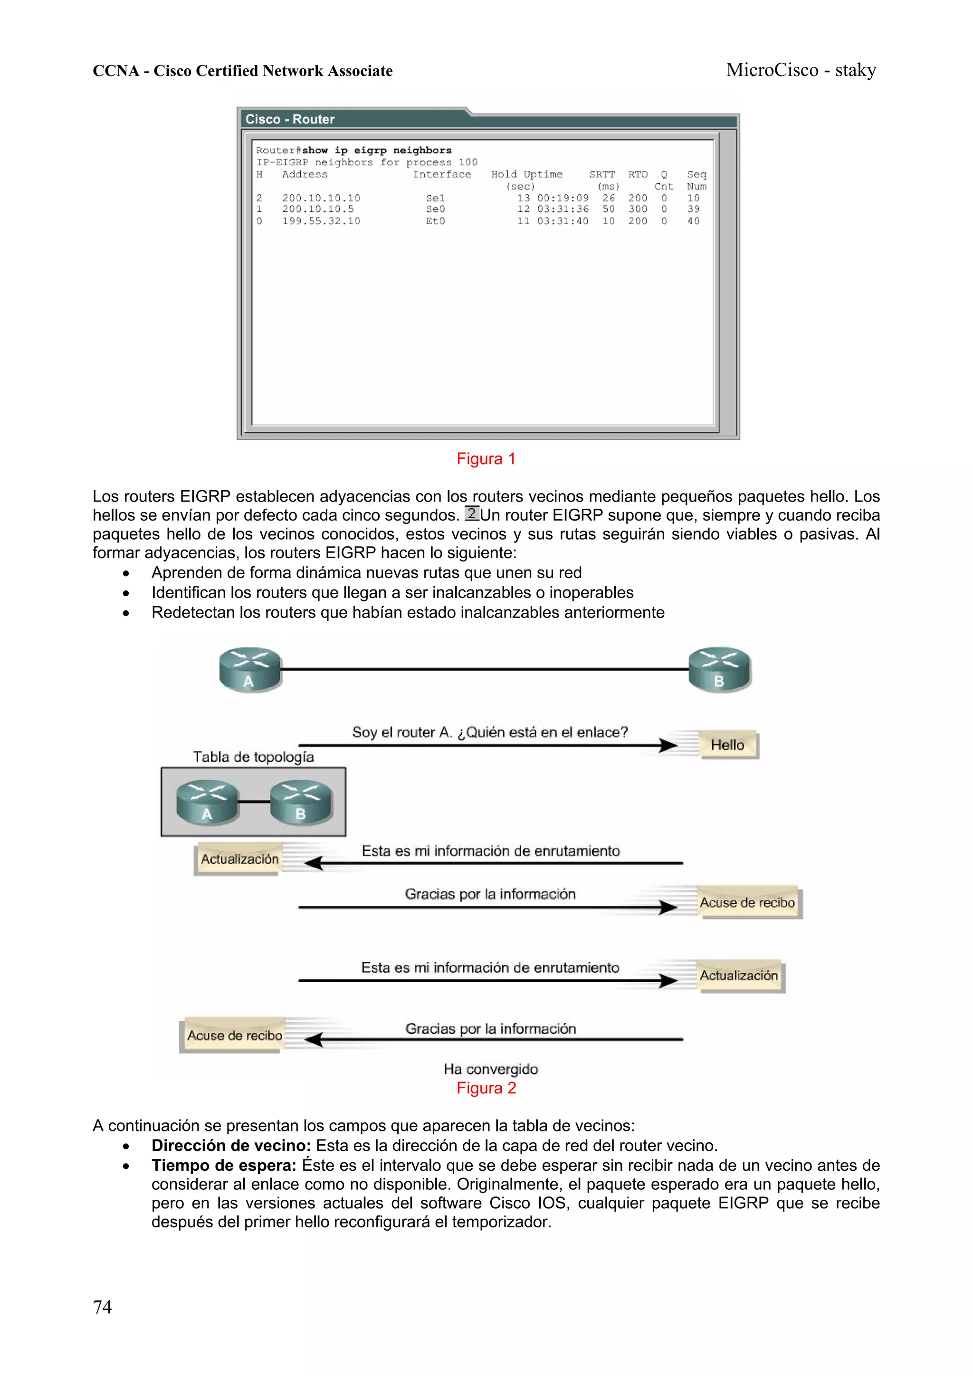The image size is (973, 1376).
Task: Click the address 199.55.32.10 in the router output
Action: [x=321, y=221]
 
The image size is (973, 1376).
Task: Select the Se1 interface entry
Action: [x=435, y=198]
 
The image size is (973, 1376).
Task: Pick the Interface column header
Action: [x=442, y=174]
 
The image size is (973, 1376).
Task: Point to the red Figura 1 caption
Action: [x=486, y=459]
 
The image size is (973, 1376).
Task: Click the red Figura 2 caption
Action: [x=486, y=1088]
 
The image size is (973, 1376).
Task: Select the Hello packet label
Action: [x=727, y=745]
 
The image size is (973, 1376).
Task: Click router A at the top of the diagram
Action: [x=250, y=669]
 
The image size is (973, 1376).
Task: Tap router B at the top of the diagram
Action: [x=719, y=669]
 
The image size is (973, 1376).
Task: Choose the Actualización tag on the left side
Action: [x=239, y=859]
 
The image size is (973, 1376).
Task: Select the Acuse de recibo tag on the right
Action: [x=747, y=902]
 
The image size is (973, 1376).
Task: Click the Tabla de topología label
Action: [x=253, y=757]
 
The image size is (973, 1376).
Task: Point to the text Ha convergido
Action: [x=490, y=1069]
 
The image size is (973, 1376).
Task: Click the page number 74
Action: [x=102, y=1307]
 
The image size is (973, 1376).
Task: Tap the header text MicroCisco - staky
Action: [x=801, y=70]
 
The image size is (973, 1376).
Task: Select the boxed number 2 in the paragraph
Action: [x=472, y=513]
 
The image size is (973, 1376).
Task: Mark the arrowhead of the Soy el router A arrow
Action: [x=668, y=746]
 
